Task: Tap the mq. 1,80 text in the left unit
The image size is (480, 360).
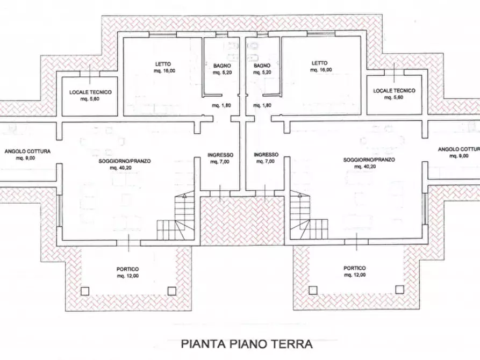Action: (221, 105)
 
